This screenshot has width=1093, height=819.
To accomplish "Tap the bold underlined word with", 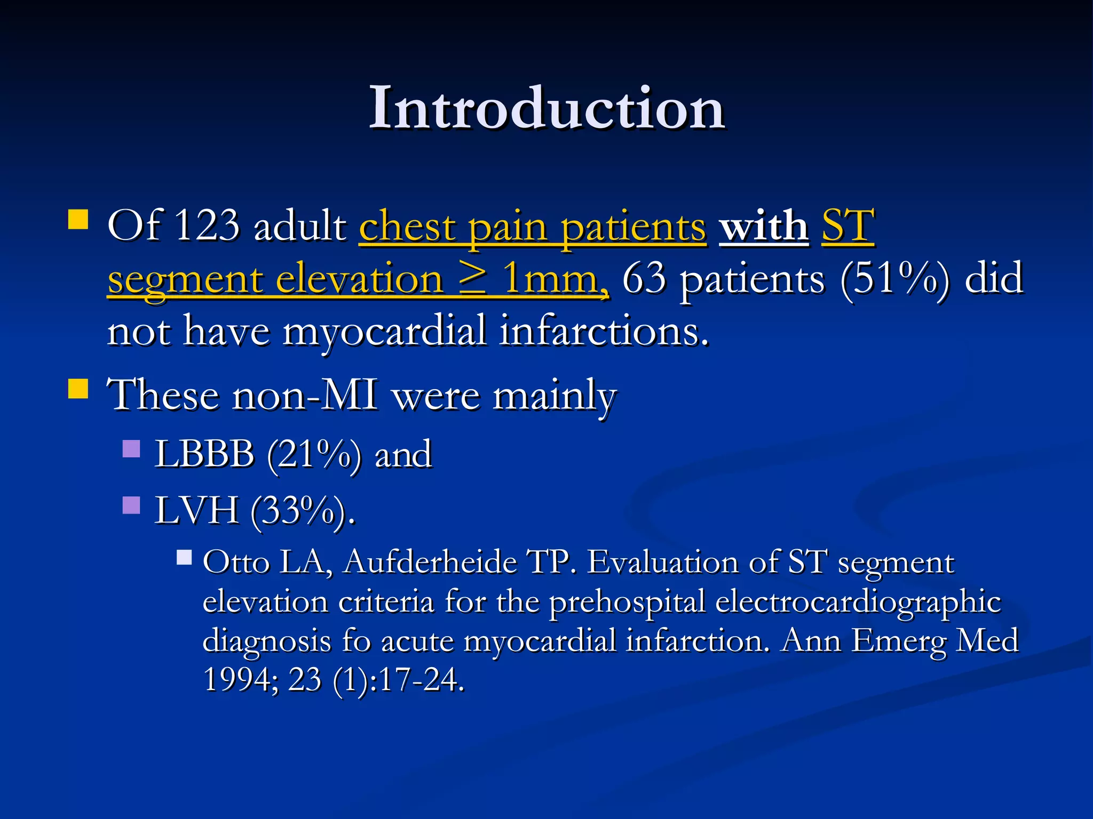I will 764,226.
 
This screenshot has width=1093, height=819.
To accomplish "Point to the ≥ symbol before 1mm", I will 473,278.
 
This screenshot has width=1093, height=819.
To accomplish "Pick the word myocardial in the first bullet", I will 384,331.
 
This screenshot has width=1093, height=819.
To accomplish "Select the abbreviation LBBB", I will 204,454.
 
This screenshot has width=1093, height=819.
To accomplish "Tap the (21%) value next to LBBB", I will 314,454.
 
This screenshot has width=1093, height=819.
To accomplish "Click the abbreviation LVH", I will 196,511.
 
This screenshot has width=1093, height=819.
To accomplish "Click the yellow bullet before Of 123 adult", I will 78,219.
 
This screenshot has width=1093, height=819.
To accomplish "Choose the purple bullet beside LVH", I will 131,505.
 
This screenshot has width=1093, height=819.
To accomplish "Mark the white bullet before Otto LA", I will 184,558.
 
